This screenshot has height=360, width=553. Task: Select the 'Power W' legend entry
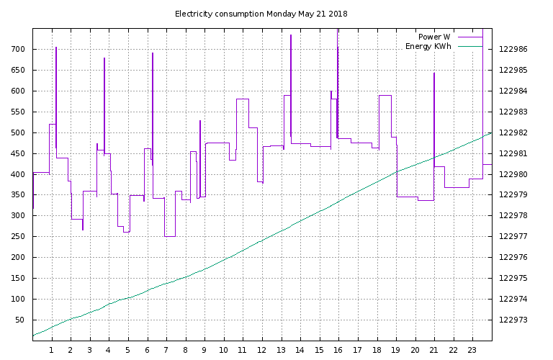pyautogui.click(x=434, y=37)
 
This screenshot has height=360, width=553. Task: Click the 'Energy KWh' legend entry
pyautogui.click(x=428, y=47)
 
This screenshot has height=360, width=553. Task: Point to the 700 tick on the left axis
pyautogui.click(x=18, y=50)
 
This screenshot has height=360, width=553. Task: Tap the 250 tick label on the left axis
pyautogui.click(x=18, y=237)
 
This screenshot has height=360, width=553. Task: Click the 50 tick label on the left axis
pyautogui.click(x=20, y=320)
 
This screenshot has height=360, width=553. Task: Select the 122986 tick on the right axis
pyautogui.click(x=513, y=50)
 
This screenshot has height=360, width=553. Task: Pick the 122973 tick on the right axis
pyautogui.click(x=513, y=320)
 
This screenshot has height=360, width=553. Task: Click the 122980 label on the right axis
pyautogui.click(x=513, y=174)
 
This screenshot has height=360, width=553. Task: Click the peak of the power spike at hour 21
pyautogui.click(x=434, y=73)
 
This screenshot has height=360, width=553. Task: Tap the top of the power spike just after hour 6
pyautogui.click(x=153, y=53)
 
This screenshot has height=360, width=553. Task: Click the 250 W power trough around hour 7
pyautogui.click(x=170, y=236)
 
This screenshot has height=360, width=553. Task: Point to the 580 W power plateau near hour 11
pyautogui.click(x=243, y=99)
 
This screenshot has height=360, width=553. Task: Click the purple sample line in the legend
pyautogui.click(x=469, y=37)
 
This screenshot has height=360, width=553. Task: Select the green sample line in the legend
pyautogui.click(x=469, y=47)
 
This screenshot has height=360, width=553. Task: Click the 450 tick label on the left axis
pyautogui.click(x=18, y=153)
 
